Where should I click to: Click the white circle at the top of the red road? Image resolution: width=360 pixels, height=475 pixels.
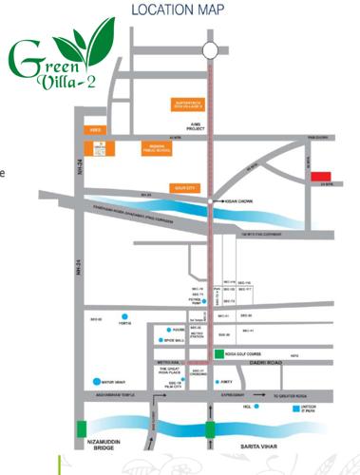(210, 50)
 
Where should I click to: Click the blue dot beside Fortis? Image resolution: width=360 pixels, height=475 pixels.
(126, 315)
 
